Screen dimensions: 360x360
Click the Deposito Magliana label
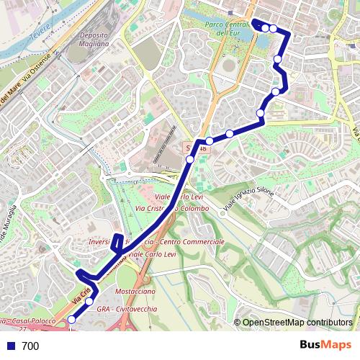(x=94, y=39)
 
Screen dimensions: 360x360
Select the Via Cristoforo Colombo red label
(x=173, y=209)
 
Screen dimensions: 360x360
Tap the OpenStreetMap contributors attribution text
(x=297, y=323)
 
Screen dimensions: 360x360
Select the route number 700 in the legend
(x=30, y=346)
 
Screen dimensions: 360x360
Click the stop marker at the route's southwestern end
(x=71, y=320)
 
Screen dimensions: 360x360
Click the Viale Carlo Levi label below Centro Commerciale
(x=151, y=254)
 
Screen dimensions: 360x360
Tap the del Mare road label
(x=9, y=96)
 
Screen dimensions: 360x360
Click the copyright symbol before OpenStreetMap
(x=238, y=323)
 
